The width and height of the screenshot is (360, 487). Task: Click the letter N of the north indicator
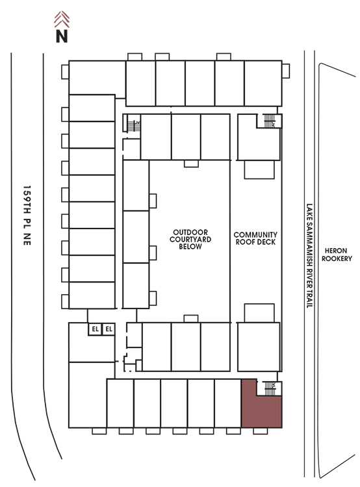pos(62,36)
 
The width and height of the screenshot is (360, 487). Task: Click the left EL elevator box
pos(95,329)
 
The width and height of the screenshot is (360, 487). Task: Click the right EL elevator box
pos(109,329)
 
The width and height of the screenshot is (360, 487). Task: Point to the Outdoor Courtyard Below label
pos(190,239)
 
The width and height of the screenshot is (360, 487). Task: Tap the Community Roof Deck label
pos(255,238)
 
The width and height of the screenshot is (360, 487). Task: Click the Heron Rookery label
pos(337,255)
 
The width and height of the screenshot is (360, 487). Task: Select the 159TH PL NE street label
pos(27,216)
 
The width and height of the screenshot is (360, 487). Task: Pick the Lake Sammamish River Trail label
pos(309,256)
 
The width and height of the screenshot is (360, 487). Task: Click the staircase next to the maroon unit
pos(270,388)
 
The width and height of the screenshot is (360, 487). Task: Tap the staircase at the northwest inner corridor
pos(134,126)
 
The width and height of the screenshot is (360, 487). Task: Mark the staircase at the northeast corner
pos(270,121)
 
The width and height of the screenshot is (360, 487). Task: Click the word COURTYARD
pos(190,239)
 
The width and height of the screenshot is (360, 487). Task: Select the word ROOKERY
pos(337,258)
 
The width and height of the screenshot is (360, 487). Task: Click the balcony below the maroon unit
pos(260,431)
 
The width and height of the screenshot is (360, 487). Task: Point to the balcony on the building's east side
pos(286,71)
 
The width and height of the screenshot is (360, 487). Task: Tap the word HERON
pos(336,251)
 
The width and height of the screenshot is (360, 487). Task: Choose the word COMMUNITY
pos(255,234)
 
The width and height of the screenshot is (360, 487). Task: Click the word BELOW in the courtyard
pos(190,247)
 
